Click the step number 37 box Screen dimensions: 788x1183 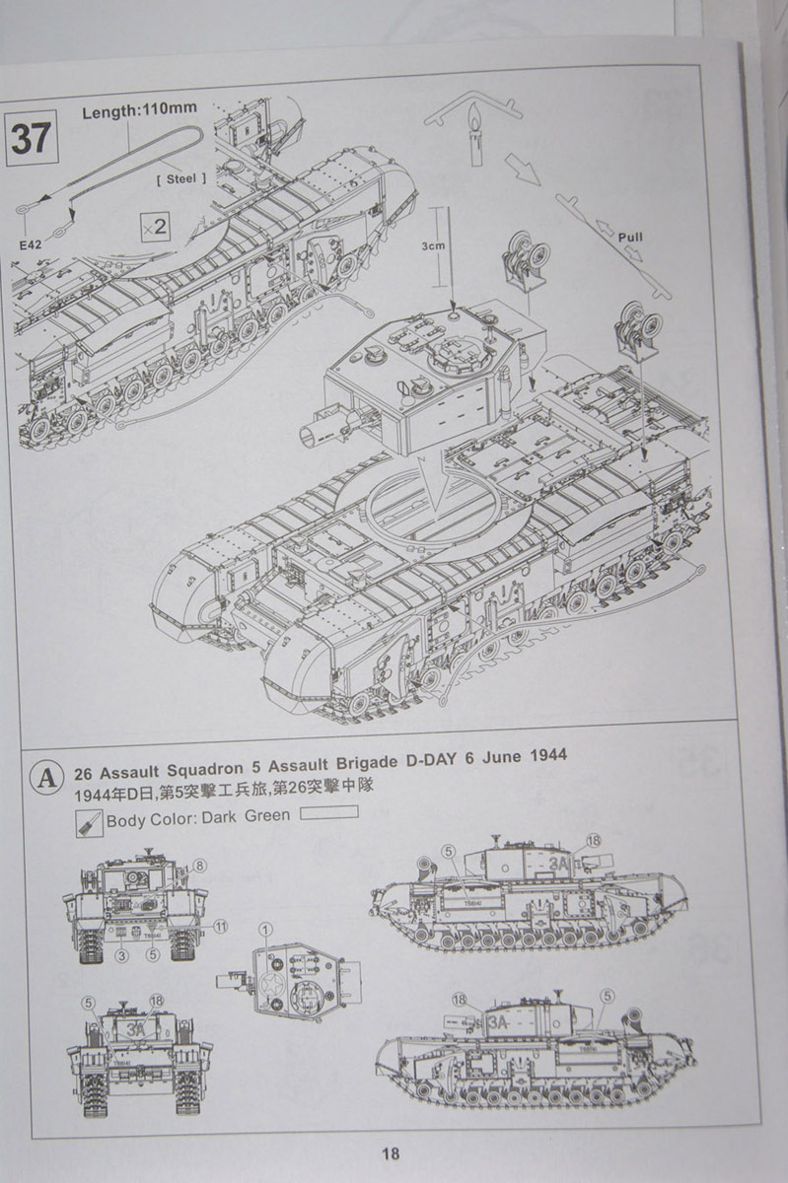[31, 137]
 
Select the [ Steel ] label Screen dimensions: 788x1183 [181, 178]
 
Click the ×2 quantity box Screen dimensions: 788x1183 [155, 226]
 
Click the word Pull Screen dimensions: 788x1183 [630, 238]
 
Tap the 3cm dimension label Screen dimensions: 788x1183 [432, 248]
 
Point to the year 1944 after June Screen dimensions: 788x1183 [543, 757]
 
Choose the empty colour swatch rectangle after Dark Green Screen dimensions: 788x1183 [327, 813]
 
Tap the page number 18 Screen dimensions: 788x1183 [391, 1153]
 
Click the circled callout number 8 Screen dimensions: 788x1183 [199, 866]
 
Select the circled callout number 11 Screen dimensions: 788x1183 [220, 926]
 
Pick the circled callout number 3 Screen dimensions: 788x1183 [121, 955]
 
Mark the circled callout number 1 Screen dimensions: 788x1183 [265, 929]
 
